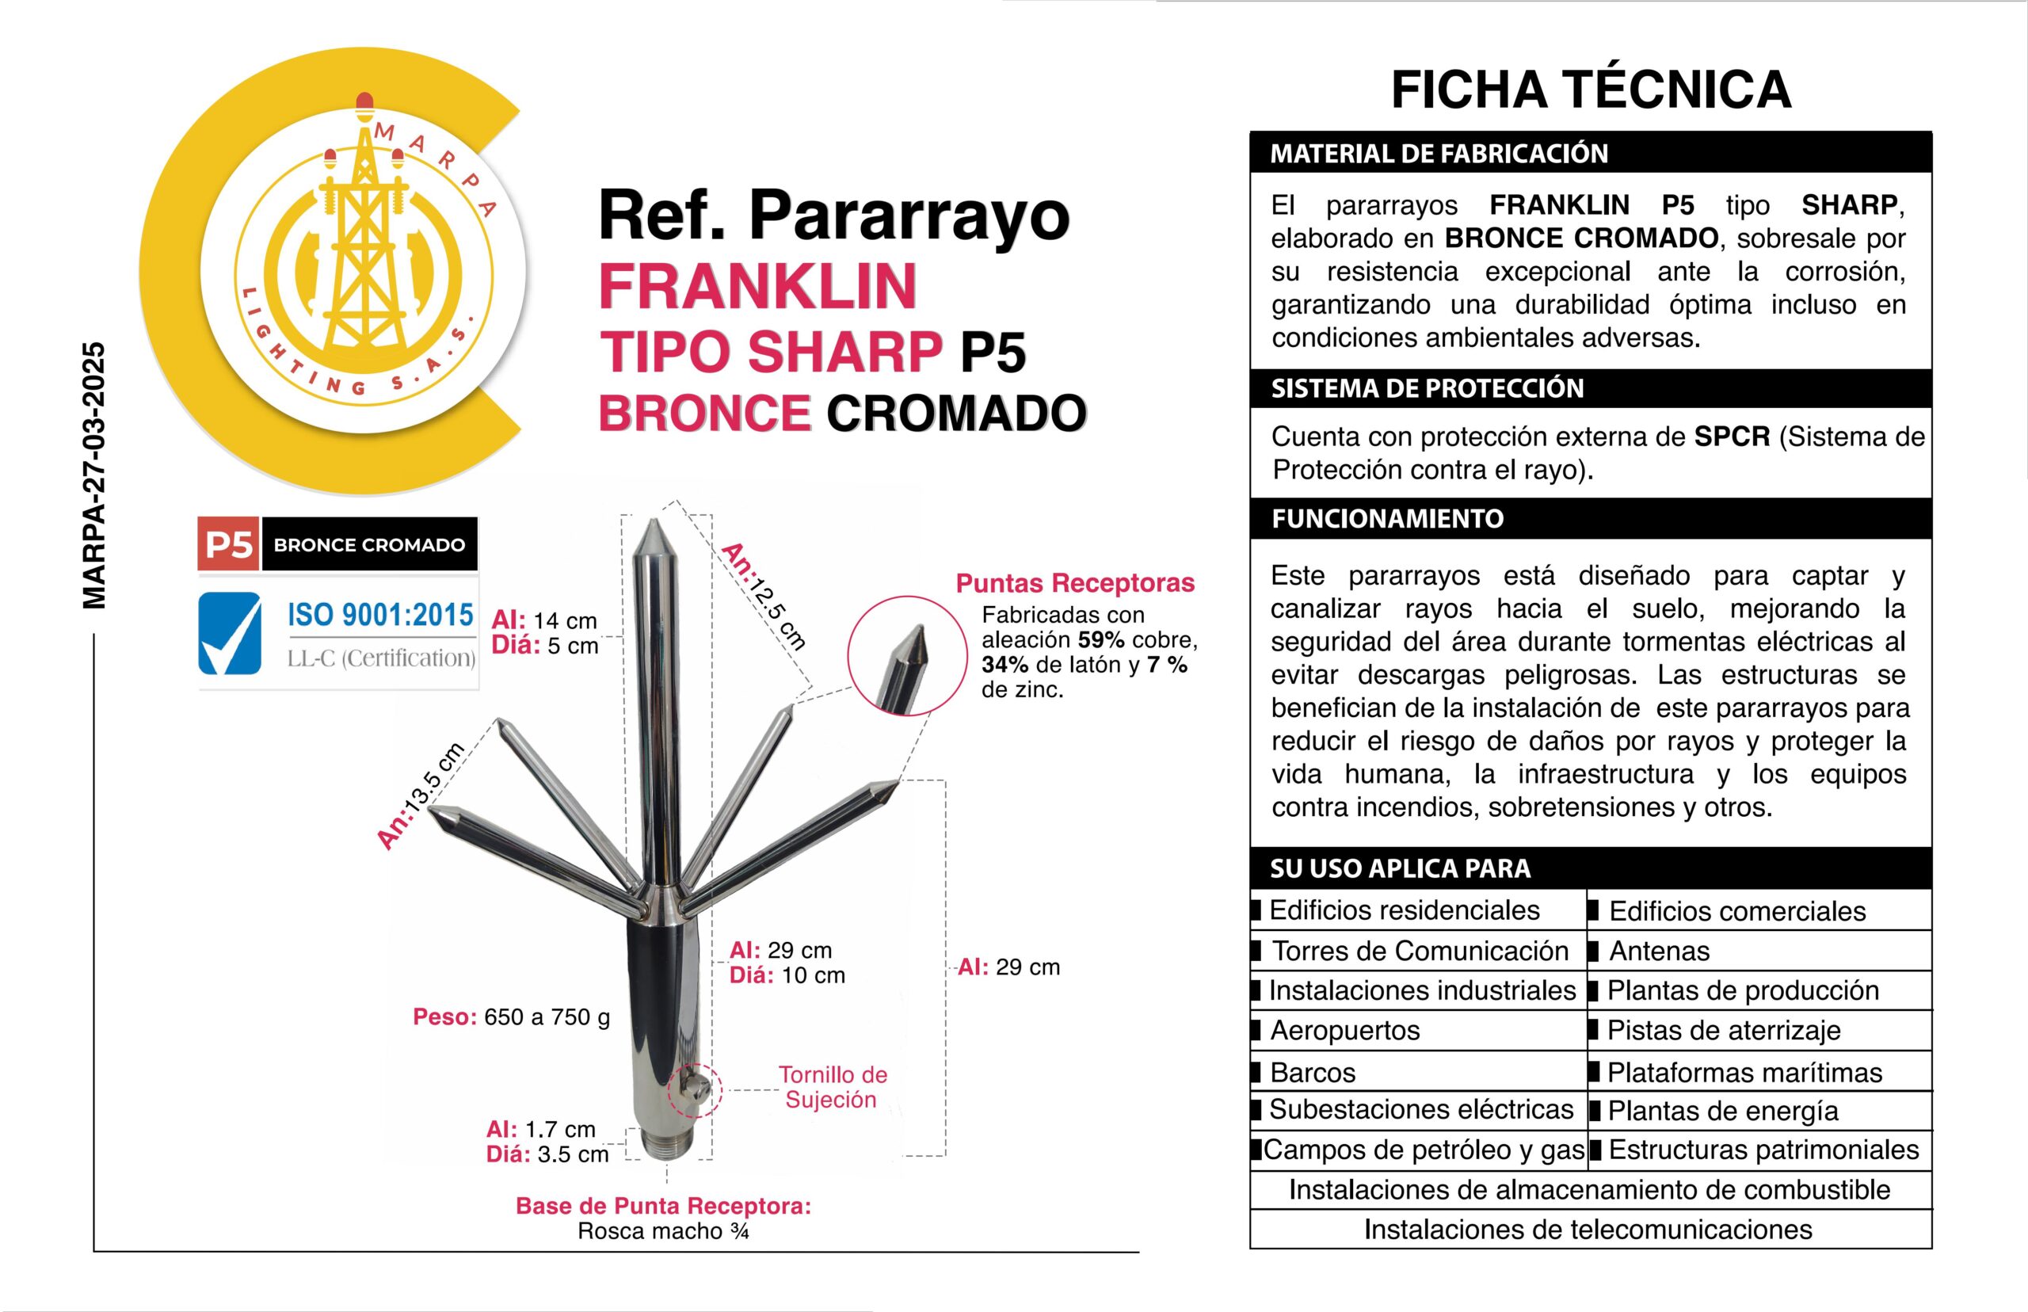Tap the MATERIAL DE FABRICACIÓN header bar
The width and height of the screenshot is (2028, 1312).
tap(1590, 154)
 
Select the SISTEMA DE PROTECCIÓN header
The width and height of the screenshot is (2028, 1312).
tap(1590, 388)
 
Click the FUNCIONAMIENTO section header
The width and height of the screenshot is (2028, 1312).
tap(1590, 519)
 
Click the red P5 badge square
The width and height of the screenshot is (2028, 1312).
tap(228, 544)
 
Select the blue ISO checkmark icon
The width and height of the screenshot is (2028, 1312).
tap(230, 633)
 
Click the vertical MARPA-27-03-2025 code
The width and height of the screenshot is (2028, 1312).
tap(93, 475)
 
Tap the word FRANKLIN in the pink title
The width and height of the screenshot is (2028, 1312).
tap(757, 286)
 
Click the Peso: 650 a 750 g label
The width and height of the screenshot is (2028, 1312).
tap(511, 1017)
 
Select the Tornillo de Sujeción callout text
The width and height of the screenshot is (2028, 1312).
tap(832, 1087)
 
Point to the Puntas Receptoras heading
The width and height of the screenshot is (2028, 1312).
tap(1075, 584)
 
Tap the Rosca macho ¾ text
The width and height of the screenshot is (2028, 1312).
tap(662, 1231)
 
